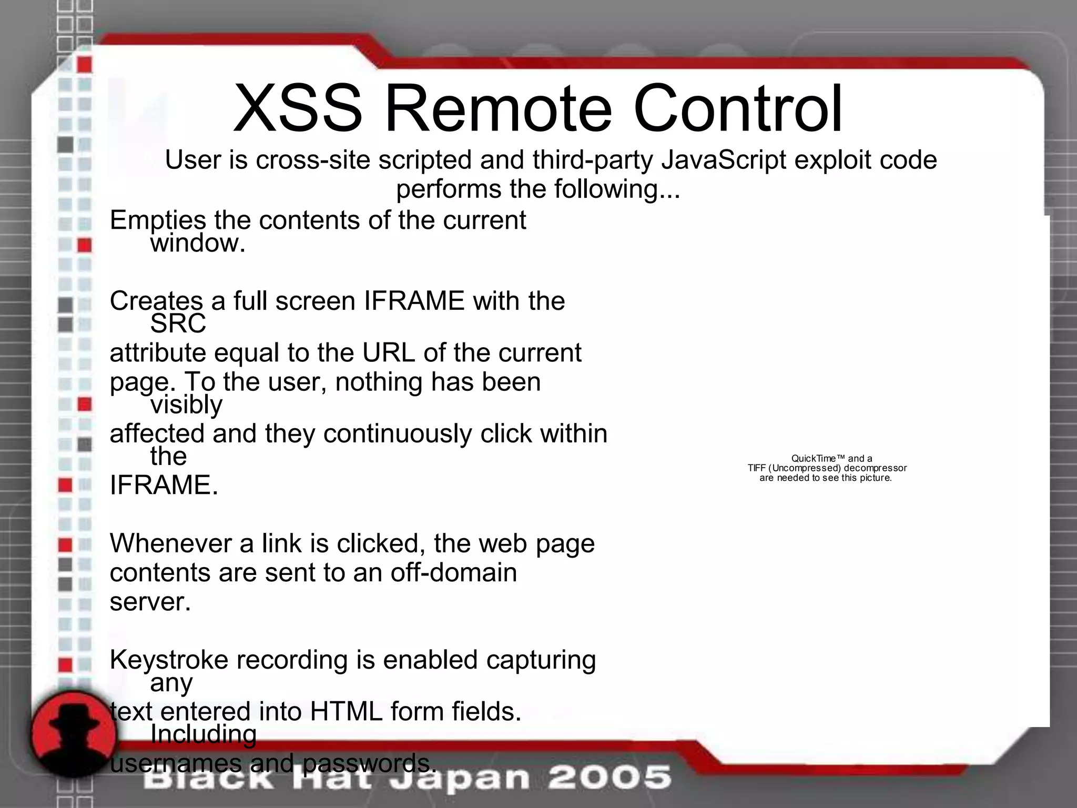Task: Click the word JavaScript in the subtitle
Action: (724, 160)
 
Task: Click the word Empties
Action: (156, 220)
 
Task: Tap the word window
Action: (198, 244)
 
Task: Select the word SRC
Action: (178, 324)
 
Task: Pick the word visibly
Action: (186, 405)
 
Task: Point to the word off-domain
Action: (453, 572)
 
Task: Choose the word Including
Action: (204, 735)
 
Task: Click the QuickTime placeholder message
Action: (827, 468)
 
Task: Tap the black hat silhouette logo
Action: (73, 734)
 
